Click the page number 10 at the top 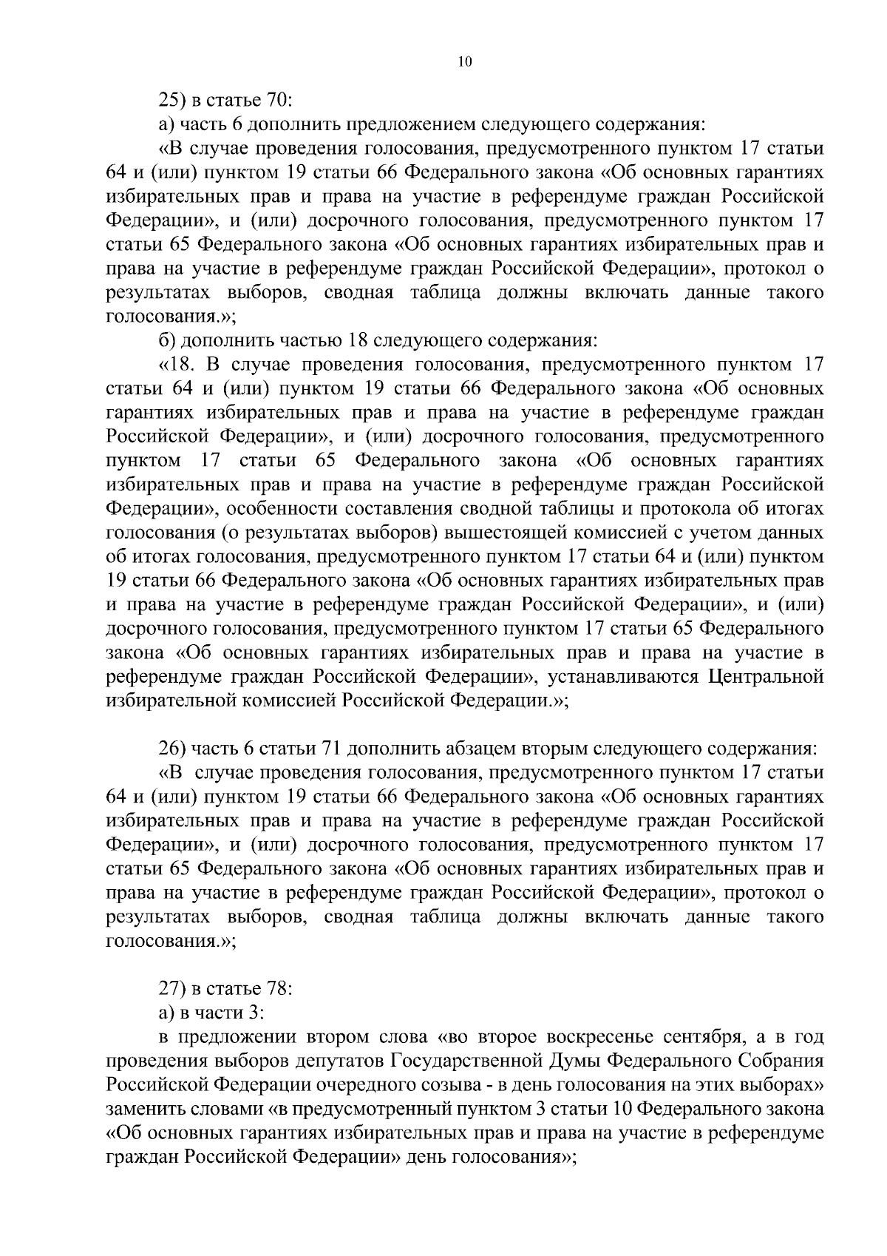(464, 63)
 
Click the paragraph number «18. (178, 365)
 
